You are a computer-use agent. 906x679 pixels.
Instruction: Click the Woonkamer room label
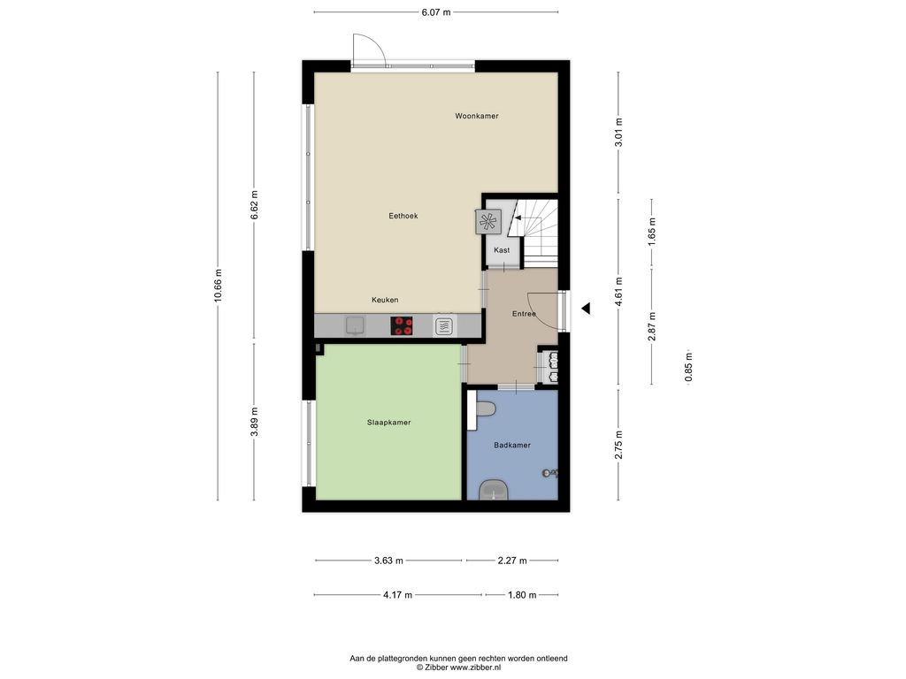(x=476, y=116)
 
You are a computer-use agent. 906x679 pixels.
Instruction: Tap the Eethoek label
(x=403, y=216)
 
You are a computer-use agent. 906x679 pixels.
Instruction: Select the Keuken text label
(x=385, y=301)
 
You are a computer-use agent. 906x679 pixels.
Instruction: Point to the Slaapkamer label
(x=389, y=423)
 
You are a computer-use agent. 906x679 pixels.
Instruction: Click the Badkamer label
(x=512, y=446)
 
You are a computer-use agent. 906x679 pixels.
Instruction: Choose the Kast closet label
(x=502, y=250)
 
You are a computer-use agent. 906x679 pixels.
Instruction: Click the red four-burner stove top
(x=403, y=325)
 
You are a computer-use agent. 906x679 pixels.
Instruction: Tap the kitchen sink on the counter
(x=355, y=325)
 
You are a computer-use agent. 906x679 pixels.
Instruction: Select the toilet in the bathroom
(x=483, y=409)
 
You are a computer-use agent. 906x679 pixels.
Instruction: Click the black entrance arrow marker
(x=586, y=309)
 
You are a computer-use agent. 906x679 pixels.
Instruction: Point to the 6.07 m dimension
(x=436, y=11)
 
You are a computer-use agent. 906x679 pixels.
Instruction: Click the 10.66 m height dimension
(x=218, y=286)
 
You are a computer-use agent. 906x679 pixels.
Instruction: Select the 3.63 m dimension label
(x=389, y=561)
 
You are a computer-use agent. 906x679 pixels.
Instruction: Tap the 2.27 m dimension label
(x=512, y=561)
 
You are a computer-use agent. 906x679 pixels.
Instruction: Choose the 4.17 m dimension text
(x=397, y=595)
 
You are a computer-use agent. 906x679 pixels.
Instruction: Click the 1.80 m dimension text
(x=522, y=595)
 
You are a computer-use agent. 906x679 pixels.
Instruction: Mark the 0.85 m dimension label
(x=688, y=368)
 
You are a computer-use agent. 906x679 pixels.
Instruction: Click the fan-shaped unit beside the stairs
(x=488, y=221)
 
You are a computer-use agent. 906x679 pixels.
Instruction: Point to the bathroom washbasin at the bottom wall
(x=495, y=490)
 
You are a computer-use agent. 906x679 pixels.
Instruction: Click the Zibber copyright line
(x=459, y=668)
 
